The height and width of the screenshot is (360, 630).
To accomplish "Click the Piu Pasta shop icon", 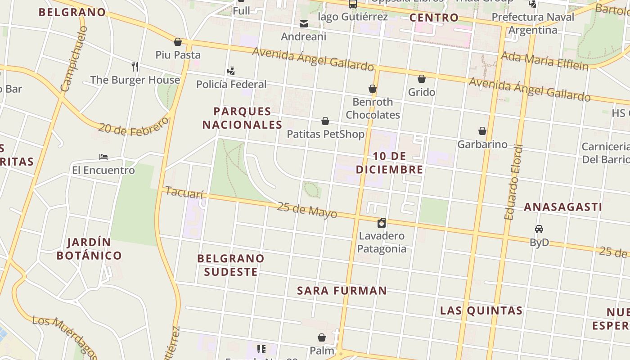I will coord(178,42).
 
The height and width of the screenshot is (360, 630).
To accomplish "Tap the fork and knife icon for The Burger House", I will coord(135,67).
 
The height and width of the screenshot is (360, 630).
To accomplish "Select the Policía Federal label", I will coord(231,84).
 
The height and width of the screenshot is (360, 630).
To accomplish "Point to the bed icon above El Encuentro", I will coord(103,157).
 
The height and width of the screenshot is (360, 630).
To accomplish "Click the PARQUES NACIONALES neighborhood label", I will coord(242,118).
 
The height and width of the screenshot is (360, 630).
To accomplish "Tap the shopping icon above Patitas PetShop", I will coord(325,121).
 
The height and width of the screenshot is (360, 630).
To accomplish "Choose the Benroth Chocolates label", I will coord(373,108).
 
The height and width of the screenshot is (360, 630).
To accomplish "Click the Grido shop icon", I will coord(422,79).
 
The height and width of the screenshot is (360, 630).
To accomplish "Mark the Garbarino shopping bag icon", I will coord(482,131).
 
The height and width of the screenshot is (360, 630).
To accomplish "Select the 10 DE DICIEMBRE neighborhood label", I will coord(390,163).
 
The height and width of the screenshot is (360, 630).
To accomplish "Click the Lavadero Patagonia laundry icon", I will coord(382,223).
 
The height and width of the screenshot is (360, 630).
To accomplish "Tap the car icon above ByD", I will coord(539,229).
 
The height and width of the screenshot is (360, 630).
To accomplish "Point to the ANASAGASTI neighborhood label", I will coord(562,207).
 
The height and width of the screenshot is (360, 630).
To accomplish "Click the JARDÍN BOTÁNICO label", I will coord(89,249).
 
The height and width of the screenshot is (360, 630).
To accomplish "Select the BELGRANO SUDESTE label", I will coord(231,265).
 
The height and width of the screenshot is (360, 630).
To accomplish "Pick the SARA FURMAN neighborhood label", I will coord(342,291).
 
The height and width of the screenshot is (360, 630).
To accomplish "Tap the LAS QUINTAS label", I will coord(481,310).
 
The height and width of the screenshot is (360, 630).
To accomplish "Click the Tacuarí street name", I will coord(184,192).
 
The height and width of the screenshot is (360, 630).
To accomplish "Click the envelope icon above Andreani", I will coord(304,23).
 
